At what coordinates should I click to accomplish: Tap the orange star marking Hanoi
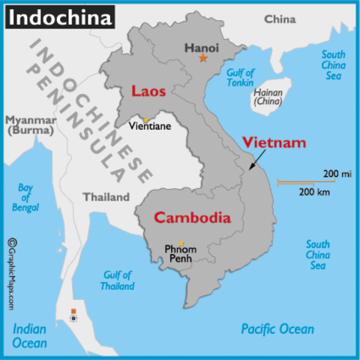202,58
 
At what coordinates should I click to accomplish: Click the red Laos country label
148,91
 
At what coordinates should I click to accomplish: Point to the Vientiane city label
150,126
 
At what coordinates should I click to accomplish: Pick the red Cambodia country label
191,217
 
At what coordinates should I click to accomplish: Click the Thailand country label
106,197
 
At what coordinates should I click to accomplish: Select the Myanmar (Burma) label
29,124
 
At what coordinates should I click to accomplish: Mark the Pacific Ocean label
277,328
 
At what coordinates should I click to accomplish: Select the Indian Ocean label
30,335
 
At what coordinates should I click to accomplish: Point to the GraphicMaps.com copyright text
12,274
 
